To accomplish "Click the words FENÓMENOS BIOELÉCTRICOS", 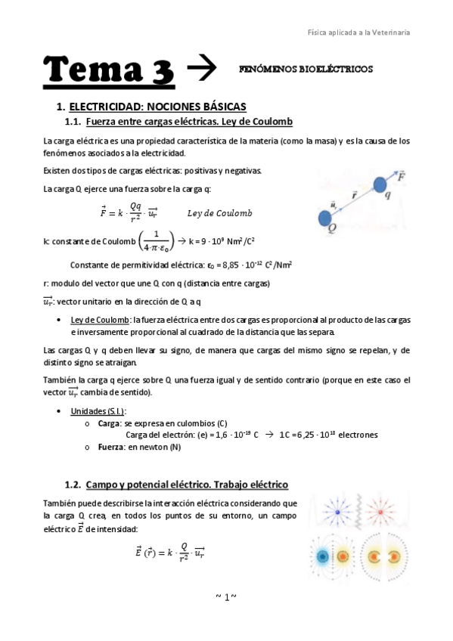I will point(306,69).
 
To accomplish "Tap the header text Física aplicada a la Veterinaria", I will point(358,33).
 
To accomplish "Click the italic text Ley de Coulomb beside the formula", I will point(219,213).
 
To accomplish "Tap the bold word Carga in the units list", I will point(110,423).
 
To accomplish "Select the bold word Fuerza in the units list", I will point(112,447).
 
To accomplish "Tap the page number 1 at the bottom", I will point(226,597).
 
